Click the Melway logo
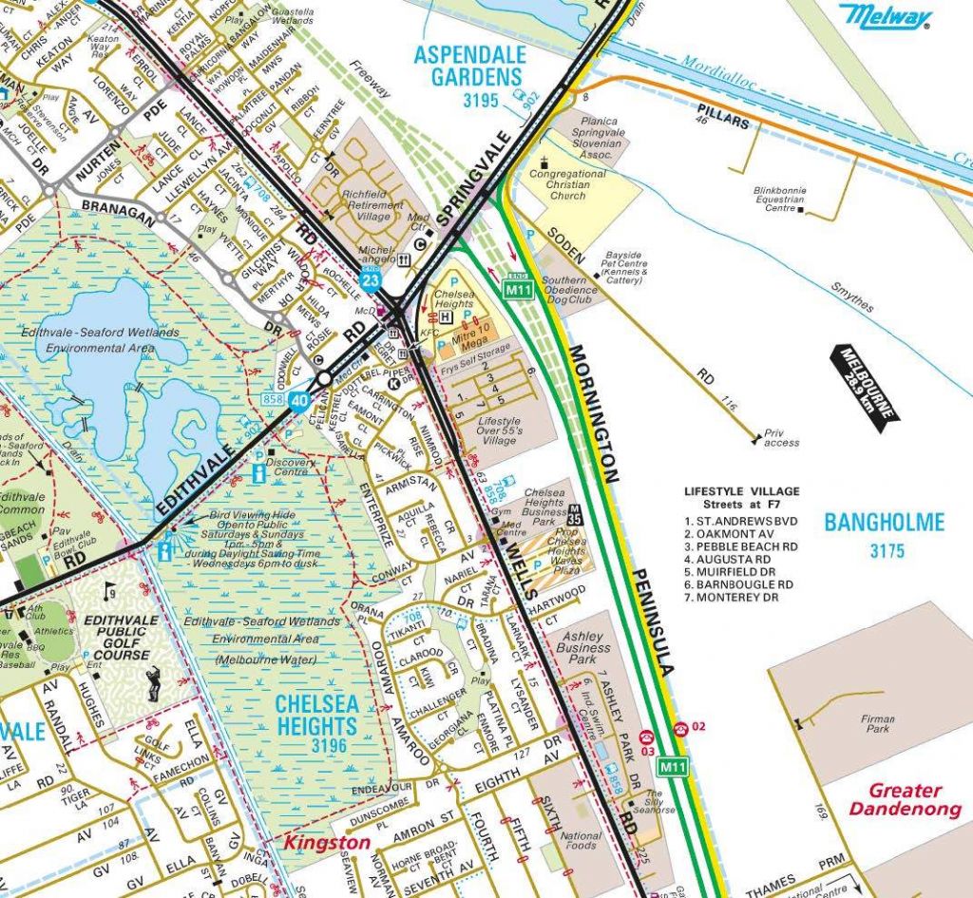[x=884, y=17]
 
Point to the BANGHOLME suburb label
[x=885, y=522]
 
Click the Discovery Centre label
[x=297, y=463]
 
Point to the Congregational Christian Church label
[x=568, y=184]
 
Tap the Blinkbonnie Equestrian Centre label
[x=779, y=199]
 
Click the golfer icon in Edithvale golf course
[x=153, y=682]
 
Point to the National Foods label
[x=582, y=842]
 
